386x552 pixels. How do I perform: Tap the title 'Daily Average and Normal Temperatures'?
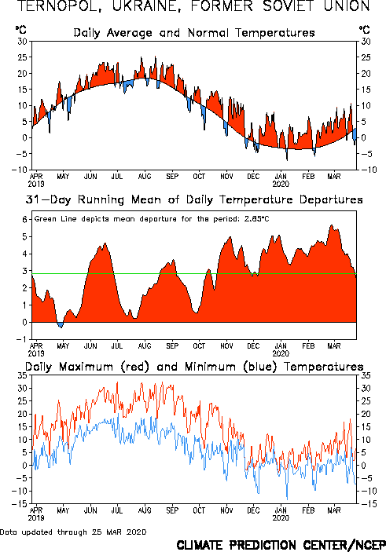coord(194,33)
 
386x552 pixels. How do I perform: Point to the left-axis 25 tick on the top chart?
coord(23,57)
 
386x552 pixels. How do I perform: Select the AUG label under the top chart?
coord(145,176)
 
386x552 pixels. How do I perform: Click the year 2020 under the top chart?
coord(281,184)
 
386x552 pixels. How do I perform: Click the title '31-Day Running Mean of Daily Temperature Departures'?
coord(194,200)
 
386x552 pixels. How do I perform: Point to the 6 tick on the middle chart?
coord(24,220)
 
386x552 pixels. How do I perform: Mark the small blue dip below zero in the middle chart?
coord(61,324)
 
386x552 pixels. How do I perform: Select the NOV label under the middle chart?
coord(226,345)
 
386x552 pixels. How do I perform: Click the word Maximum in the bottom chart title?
coord(86,367)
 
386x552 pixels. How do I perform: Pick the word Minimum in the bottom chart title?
coord(210,367)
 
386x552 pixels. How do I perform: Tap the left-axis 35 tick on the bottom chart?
coord(23,375)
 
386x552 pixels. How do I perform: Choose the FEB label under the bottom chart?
coord(308,510)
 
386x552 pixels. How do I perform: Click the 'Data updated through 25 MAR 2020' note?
coord(73,532)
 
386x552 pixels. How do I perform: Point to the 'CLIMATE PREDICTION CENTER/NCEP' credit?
coord(281,545)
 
